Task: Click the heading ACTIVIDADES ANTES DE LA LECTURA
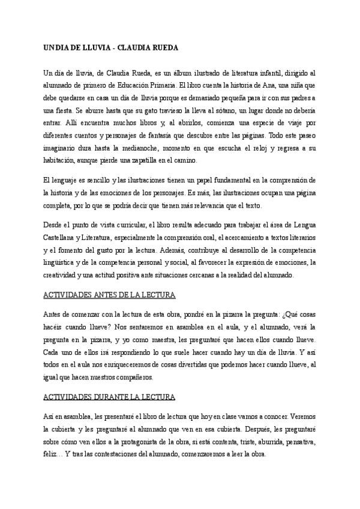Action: click(110, 296)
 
